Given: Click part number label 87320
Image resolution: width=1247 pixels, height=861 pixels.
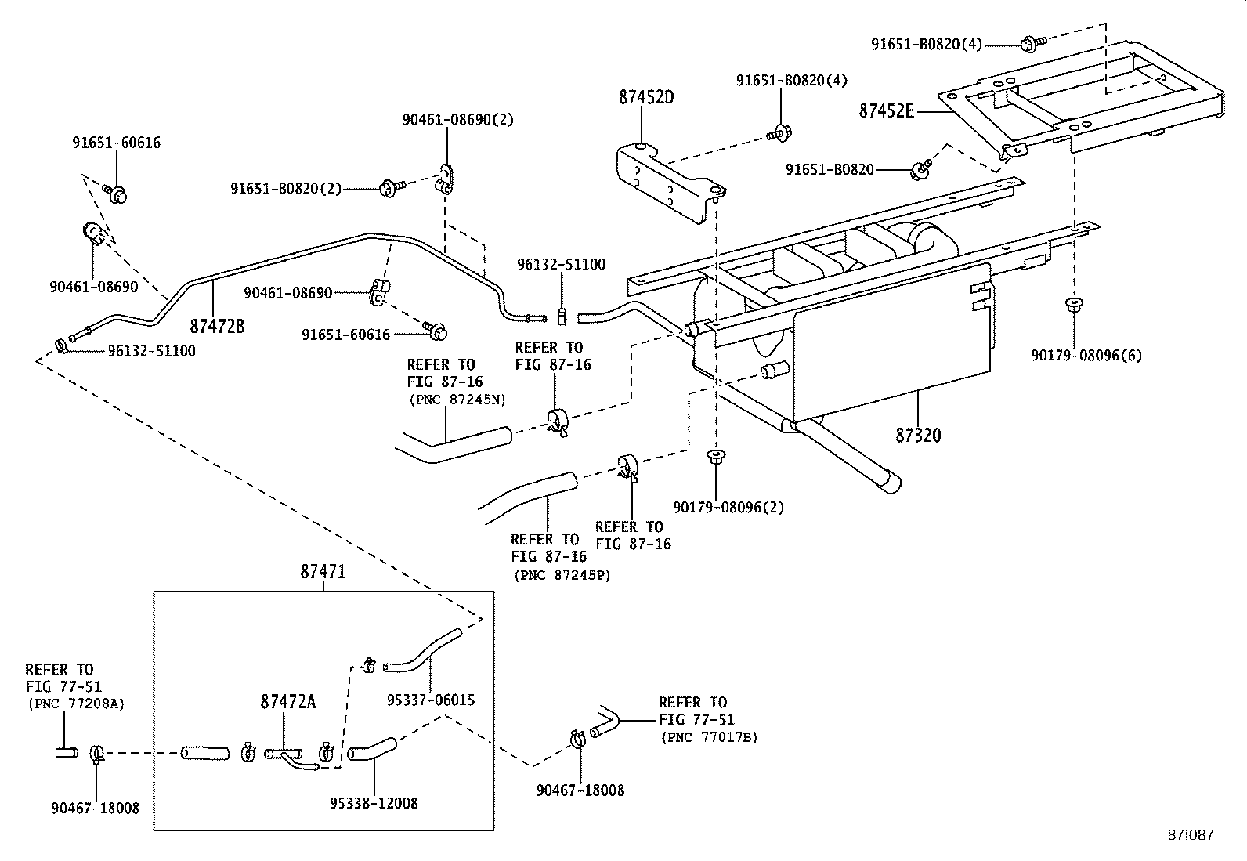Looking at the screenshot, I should tap(918, 436).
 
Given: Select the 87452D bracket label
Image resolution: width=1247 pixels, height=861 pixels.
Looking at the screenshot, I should tap(646, 98).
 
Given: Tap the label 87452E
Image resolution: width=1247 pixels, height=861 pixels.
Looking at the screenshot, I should tap(887, 111).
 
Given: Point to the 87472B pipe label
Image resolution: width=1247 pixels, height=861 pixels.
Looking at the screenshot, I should tap(217, 326).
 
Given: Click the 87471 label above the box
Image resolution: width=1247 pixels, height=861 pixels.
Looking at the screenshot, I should tap(323, 573).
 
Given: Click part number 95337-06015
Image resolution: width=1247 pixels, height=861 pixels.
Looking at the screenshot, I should tap(431, 700).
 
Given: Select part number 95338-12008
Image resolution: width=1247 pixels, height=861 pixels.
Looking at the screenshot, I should tap(373, 803).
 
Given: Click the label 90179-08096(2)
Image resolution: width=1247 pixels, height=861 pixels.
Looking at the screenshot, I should tap(728, 507).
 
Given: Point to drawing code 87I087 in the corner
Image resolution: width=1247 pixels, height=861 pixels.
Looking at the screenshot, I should tap(1188, 835).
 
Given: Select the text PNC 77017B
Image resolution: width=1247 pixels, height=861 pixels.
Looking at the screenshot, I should tap(710, 737).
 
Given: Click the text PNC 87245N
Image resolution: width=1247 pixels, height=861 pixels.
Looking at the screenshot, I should tap(457, 400).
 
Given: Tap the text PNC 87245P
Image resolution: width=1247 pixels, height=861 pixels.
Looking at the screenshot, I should tap(562, 574).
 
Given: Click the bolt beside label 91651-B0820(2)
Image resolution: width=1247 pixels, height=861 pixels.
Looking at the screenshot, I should tap(391, 187).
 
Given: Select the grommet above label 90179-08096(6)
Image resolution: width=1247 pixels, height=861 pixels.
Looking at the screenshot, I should tap(1075, 304).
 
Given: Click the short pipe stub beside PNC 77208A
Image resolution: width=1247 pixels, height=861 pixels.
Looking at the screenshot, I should tap(67, 753).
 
